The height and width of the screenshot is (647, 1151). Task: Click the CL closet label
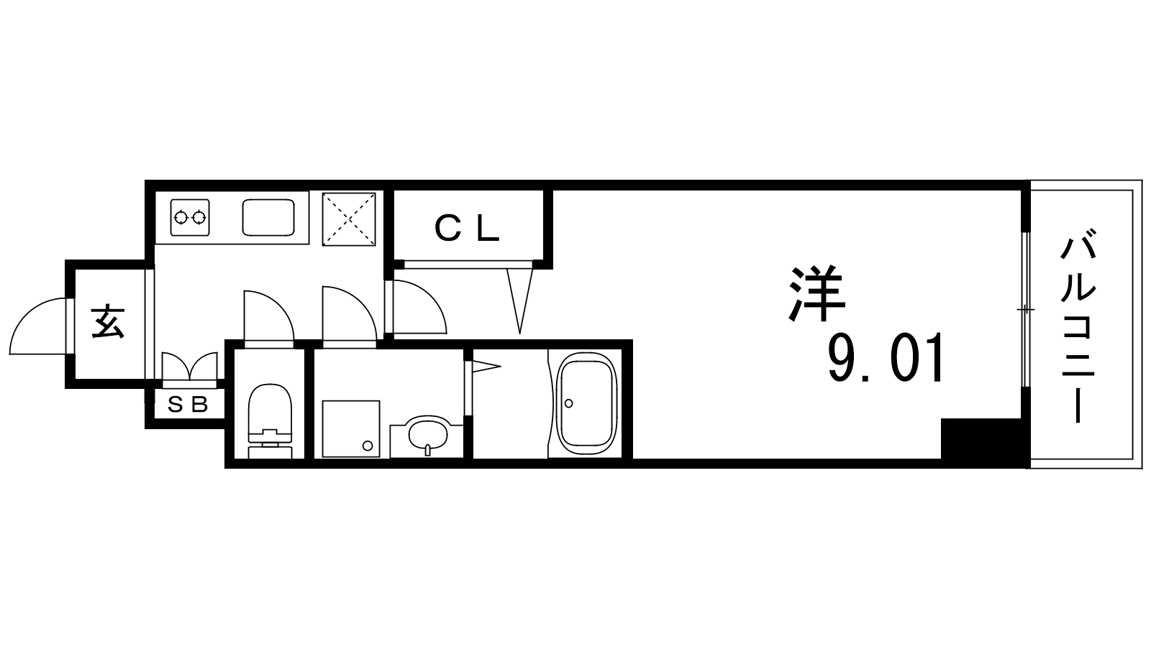pyautogui.click(x=467, y=229)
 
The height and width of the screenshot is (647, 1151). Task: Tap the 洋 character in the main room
pyautogui.click(x=817, y=294)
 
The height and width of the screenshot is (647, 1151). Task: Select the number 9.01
pyautogui.click(x=886, y=358)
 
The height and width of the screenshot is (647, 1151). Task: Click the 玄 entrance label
pyautogui.click(x=108, y=322)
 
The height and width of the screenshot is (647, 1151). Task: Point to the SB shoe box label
pyautogui.click(x=188, y=405)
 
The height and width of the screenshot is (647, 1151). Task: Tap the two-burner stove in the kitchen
pyautogui.click(x=190, y=218)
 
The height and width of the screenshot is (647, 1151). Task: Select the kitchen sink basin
pyautogui.click(x=268, y=218)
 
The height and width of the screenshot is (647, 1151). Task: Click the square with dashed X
pyautogui.click(x=349, y=219)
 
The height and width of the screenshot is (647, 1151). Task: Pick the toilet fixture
pyautogui.click(x=270, y=421)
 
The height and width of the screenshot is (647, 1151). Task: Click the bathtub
pyautogui.click(x=587, y=403)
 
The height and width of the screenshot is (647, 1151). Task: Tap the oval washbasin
pyautogui.click(x=427, y=435)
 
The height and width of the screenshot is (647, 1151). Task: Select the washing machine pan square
pyautogui.click(x=351, y=428)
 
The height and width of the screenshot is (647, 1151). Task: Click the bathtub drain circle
pyautogui.click(x=568, y=403)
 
